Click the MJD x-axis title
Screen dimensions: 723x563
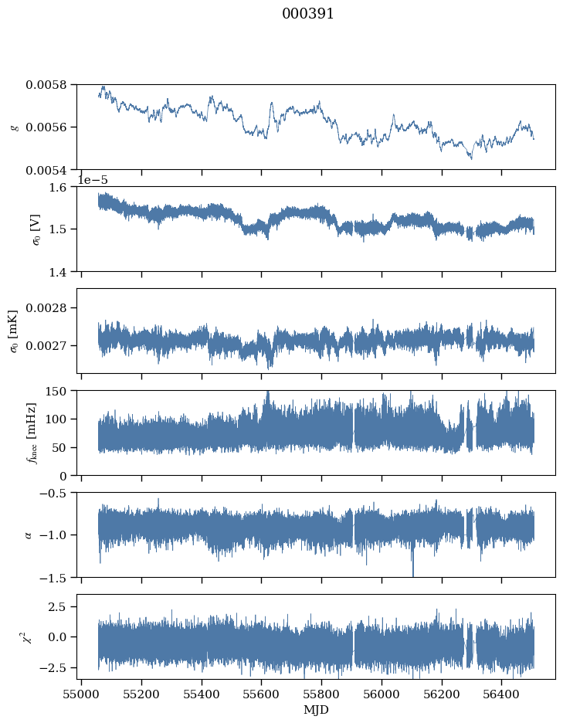point(315,710)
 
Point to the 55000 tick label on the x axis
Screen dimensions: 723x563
point(82,694)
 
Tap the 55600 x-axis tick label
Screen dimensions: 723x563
point(262,694)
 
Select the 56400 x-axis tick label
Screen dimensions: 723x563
point(502,694)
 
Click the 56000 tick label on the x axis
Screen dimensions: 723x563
point(382,694)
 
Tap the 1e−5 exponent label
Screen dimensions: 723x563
point(93,180)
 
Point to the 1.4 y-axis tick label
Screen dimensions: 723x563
point(63,271)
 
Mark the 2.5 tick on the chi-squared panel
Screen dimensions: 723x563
point(61,607)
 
